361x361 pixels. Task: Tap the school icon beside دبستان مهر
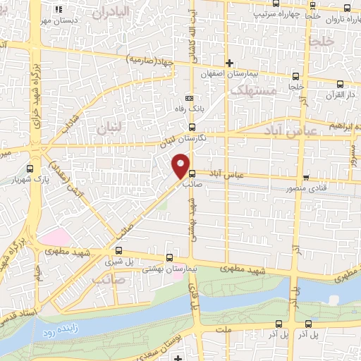pos(59,9)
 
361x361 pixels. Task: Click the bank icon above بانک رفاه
pos(188,98)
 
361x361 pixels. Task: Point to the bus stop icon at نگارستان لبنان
pos(192,127)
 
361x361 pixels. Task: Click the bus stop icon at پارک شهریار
pos(30,169)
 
